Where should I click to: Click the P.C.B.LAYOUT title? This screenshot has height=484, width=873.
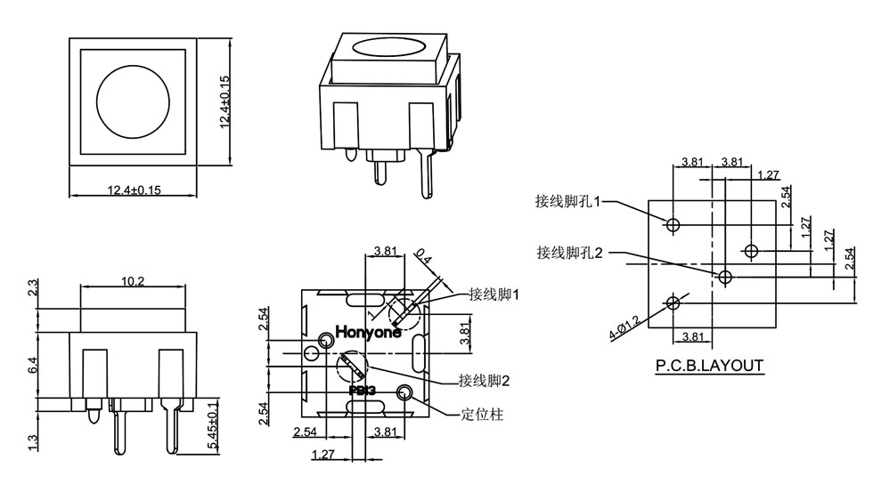[709, 366]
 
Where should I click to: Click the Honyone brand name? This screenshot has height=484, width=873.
[368, 333]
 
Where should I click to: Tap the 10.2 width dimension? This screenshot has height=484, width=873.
[135, 281]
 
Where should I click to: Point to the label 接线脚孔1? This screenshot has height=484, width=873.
[569, 201]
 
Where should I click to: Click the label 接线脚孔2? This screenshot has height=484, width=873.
[570, 253]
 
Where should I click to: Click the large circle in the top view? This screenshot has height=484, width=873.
[132, 101]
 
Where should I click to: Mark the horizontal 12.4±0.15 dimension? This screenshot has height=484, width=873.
[134, 190]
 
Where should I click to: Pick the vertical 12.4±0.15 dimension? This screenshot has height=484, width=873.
[224, 102]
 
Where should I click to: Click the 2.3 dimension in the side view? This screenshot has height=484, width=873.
[33, 288]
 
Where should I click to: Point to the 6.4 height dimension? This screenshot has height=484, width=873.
[33, 365]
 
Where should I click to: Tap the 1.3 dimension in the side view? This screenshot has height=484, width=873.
[33, 440]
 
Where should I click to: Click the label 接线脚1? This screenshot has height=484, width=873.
[494, 294]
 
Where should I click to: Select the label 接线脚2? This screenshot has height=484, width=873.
[485, 381]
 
